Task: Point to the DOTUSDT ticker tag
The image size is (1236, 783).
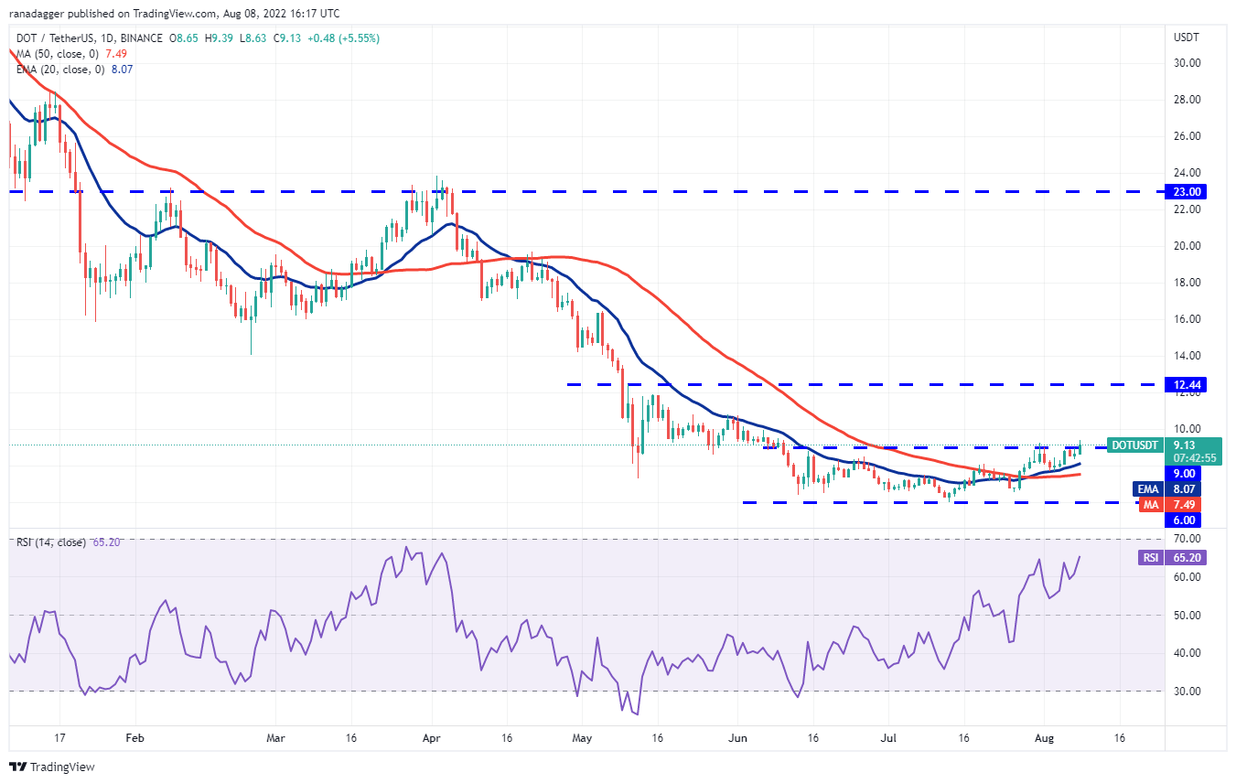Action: pyautogui.click(x=1134, y=445)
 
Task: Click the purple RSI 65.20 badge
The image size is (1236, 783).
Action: pyautogui.click(x=1187, y=558)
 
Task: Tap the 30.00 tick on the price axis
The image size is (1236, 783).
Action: pyautogui.click(x=1187, y=63)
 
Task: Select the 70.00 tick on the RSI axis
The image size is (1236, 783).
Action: pyautogui.click(x=1187, y=540)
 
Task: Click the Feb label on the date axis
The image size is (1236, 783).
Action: pyautogui.click(x=134, y=736)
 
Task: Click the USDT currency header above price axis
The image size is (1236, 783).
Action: pyautogui.click(x=1187, y=38)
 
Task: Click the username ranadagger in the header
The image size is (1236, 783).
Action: pyautogui.click(x=41, y=14)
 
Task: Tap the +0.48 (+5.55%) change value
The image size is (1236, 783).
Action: pyautogui.click(x=346, y=38)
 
